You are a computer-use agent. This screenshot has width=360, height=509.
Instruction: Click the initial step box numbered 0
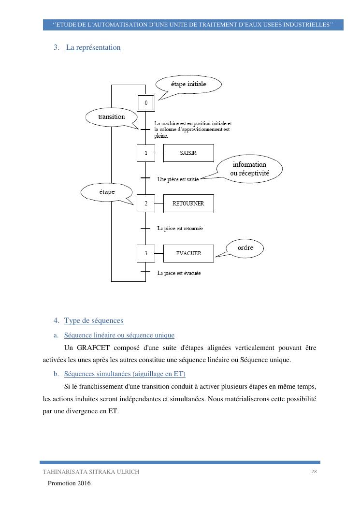(x=146, y=102)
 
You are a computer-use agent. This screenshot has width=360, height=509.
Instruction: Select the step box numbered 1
(x=146, y=153)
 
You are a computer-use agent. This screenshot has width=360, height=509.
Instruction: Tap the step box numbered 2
(x=146, y=204)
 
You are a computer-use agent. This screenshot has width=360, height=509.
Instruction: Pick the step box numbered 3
(x=146, y=253)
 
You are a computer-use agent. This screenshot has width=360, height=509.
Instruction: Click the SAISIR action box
(x=188, y=153)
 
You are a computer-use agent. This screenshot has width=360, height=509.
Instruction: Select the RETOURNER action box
(x=188, y=204)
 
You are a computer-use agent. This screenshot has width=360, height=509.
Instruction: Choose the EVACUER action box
(x=188, y=253)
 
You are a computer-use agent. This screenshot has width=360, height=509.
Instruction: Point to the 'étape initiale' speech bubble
(x=188, y=85)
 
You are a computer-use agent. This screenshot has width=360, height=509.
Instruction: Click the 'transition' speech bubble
(x=111, y=117)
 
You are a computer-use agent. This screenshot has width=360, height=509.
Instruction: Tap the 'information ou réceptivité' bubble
(x=249, y=168)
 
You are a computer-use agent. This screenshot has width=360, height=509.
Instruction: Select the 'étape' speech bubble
(x=107, y=192)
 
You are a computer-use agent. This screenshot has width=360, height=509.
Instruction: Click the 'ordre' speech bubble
(x=245, y=248)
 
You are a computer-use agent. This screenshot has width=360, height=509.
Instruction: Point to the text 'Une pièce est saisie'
(x=178, y=179)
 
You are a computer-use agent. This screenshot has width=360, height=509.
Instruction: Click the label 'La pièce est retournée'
(x=180, y=228)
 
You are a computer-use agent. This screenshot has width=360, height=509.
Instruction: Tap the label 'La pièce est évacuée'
(x=179, y=273)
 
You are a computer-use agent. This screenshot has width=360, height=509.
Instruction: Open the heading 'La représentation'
(x=93, y=48)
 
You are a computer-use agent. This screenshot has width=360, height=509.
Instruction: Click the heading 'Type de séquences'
(x=93, y=320)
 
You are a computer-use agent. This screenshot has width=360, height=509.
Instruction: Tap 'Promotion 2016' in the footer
(x=69, y=483)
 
